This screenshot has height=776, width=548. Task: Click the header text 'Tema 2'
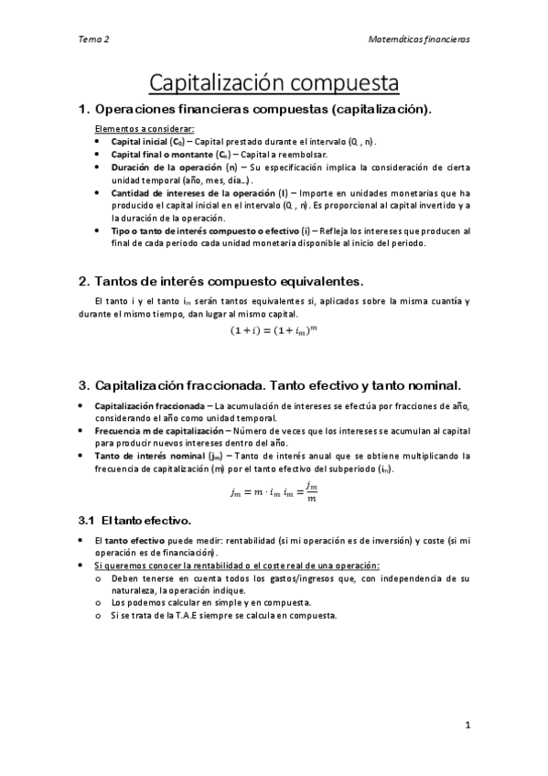coord(94,40)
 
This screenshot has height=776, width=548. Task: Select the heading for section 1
coord(255,111)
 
